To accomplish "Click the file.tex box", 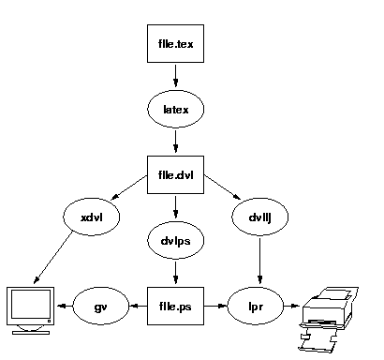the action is pos(175,43).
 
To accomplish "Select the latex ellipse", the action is pos(175,109).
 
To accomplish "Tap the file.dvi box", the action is pos(175,174).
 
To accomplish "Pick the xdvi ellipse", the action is pos(92,217).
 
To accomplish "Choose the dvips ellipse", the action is pos(175,240).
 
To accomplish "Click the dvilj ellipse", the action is pos(259,217).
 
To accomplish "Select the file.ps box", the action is pos(175,306).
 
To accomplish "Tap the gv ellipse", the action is pos(101,306).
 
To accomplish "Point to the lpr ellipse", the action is pos(256,306).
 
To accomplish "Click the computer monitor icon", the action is pos(31,310).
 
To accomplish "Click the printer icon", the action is pos(328,320).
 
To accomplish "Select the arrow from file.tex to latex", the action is pos(175,75).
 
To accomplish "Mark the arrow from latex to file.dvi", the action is pos(175,142).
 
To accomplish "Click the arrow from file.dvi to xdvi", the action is pos(129,187).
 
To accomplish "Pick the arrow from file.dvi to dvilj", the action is pos(222,187).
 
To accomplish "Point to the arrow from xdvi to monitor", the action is pos(53,258).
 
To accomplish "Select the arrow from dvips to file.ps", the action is pos(175,273).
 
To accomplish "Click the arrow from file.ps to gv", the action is pos(138,306).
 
